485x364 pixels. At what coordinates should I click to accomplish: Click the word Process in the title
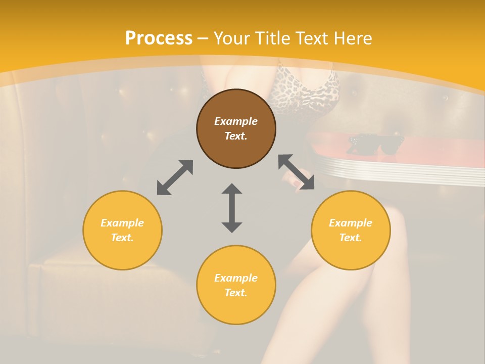click(159, 38)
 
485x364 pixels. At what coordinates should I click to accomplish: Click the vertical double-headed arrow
click(232, 208)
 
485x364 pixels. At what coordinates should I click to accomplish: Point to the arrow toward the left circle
click(175, 177)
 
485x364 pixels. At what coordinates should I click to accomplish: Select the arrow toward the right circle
click(296, 172)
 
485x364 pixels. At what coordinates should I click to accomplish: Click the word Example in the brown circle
click(236, 121)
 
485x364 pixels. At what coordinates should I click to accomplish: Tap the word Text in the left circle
click(122, 238)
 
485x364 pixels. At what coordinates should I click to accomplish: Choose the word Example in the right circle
click(351, 223)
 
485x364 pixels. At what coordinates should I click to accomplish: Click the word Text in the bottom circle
click(236, 293)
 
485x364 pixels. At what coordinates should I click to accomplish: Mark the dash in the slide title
click(203, 38)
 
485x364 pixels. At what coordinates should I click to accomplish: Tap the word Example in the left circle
click(122, 223)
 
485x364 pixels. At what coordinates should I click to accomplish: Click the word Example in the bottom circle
click(236, 278)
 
